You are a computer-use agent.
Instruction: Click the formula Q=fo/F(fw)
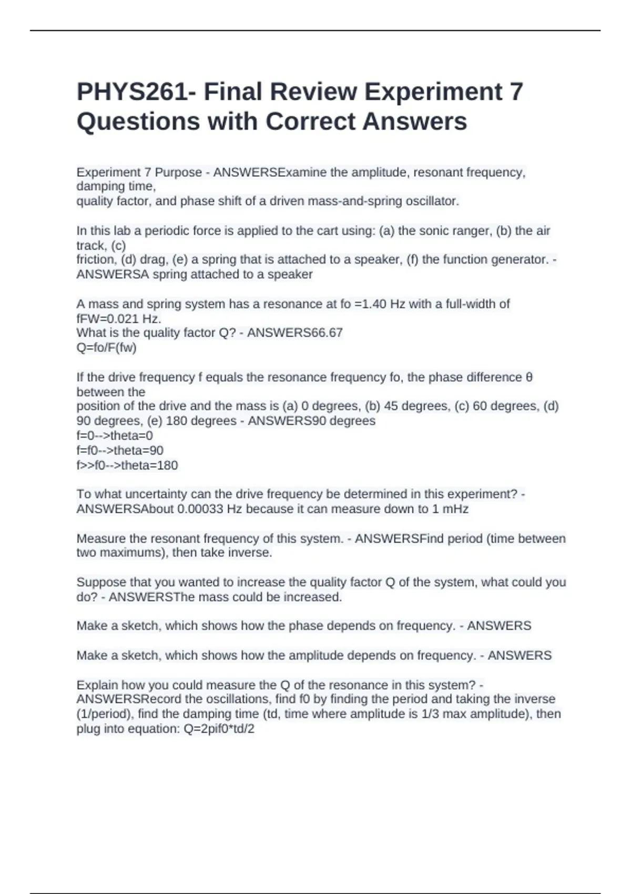coord(106,348)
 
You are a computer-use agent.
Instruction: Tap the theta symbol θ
coord(529,378)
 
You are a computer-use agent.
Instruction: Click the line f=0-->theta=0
coord(115,435)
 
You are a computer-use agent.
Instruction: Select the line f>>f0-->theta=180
coord(127,465)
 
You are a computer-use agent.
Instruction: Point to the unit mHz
coord(456,509)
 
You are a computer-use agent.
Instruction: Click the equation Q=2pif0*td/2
coord(219,729)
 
